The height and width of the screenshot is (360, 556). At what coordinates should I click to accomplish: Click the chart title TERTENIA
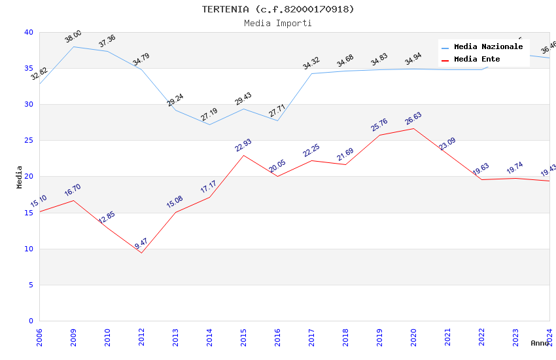pos(278,9)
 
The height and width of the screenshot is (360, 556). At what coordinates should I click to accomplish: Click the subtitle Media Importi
pos(278,24)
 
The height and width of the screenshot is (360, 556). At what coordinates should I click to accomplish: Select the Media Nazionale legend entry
pos(488,47)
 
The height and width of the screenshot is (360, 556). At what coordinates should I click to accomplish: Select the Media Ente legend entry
pos(477,60)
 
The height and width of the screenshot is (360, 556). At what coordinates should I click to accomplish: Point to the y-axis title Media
pos(20,177)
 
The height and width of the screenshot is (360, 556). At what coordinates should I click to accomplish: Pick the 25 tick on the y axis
pos(29,141)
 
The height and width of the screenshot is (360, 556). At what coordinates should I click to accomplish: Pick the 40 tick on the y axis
pos(29,32)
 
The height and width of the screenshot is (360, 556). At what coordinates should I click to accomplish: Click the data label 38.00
pos(73,37)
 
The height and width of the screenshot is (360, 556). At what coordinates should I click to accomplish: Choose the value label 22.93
pos(243,145)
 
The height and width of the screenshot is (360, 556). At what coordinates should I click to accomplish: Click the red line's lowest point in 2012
pos(141,253)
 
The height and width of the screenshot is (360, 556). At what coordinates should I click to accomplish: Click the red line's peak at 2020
pos(413,128)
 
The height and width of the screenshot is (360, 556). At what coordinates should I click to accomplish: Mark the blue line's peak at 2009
pos(73,46)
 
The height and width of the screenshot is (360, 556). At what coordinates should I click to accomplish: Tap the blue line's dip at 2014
pos(209,124)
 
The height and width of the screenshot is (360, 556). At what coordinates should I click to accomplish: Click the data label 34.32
pos(311,63)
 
